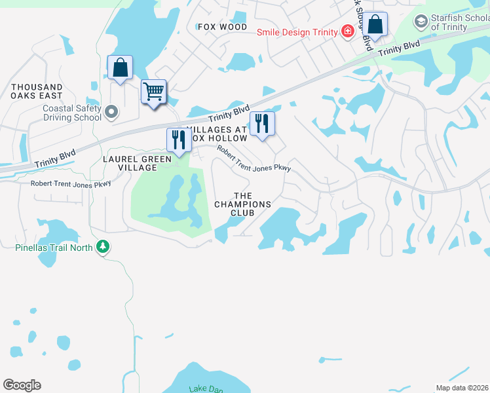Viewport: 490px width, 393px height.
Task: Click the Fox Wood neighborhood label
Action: (223, 27)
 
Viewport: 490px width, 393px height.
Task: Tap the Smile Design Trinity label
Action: (295, 31)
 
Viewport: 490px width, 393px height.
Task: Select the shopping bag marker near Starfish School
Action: (375, 25)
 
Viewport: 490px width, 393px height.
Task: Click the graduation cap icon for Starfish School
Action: (420, 22)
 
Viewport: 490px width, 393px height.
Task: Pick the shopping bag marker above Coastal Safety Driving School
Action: (121, 67)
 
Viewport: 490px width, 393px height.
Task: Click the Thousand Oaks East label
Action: (37, 91)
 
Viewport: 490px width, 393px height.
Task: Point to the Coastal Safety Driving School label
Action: (72, 113)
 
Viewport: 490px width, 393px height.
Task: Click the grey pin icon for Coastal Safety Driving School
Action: (111, 112)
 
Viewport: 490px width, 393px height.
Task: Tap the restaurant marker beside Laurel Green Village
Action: (178, 139)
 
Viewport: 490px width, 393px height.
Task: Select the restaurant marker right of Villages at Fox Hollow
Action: (262, 123)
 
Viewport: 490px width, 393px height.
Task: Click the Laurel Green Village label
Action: (137, 163)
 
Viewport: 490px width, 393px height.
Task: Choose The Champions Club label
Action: (242, 200)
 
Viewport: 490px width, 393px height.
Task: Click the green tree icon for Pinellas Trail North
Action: (102, 246)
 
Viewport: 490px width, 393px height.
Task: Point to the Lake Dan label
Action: (206, 389)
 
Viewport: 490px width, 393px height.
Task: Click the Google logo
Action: (22, 385)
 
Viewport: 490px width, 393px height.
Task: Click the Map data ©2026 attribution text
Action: (461, 388)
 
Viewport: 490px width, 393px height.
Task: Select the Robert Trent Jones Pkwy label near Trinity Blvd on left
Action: (71, 183)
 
